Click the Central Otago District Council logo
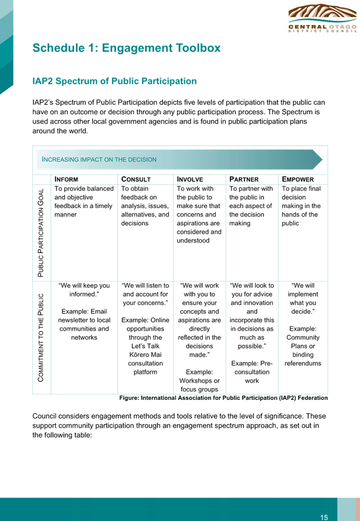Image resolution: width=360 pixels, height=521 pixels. click(x=322, y=18)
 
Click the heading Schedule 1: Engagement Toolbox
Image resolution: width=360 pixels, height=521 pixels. click(x=126, y=48)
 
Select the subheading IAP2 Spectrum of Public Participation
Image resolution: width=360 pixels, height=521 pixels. click(x=114, y=81)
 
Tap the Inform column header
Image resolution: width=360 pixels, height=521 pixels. click(x=66, y=180)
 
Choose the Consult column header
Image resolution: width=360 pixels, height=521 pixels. click(x=136, y=180)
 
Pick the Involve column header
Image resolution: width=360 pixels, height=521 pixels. click(x=190, y=180)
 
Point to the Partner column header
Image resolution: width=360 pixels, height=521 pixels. click(x=244, y=180)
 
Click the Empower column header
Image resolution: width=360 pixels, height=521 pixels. click(x=297, y=180)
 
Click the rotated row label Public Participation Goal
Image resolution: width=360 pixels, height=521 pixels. click(x=41, y=233)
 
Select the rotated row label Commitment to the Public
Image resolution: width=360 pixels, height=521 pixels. click(x=41, y=337)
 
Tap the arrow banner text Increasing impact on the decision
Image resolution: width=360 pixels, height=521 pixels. click(x=99, y=160)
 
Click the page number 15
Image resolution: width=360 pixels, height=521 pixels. click(x=324, y=517)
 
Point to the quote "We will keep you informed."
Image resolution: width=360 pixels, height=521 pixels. click(x=84, y=290)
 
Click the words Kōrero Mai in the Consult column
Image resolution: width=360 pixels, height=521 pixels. click(x=145, y=355)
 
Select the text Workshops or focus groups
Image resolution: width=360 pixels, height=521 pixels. click(x=199, y=385)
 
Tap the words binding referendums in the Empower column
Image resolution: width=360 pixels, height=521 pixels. click(x=303, y=359)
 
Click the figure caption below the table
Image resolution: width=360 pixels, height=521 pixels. click(x=223, y=398)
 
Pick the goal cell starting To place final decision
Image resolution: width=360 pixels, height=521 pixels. click(x=301, y=206)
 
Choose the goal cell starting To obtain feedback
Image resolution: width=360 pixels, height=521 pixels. click(x=145, y=206)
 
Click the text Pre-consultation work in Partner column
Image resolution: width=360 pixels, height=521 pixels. click(x=252, y=372)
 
